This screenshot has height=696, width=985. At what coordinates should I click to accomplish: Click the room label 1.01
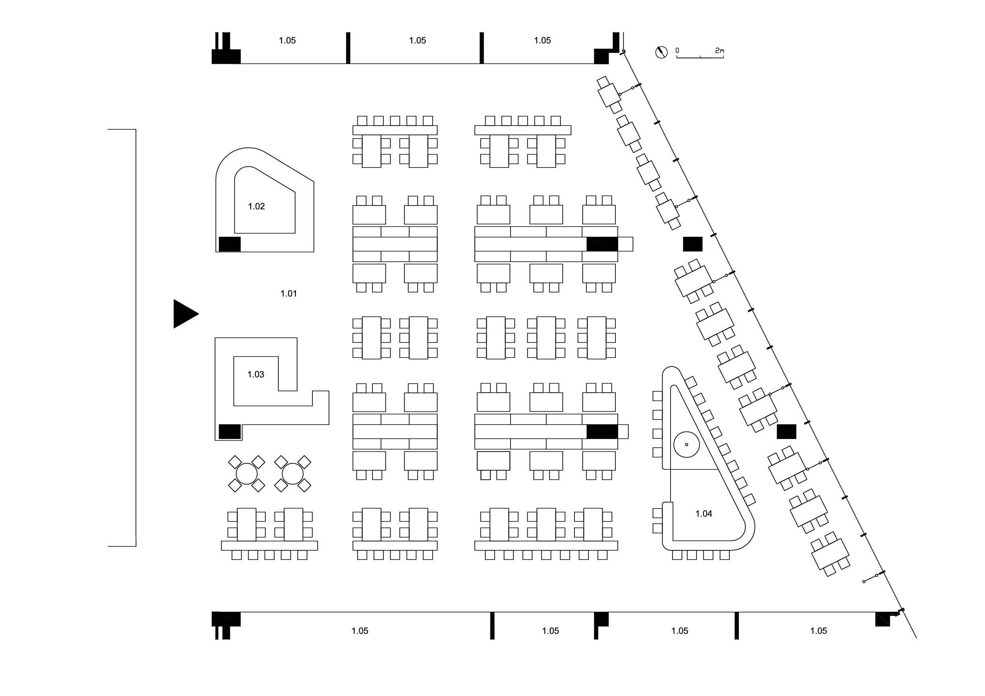[288, 294]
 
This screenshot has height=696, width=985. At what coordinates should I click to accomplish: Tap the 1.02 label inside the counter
[256, 206]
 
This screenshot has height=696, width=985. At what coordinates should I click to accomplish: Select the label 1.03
[256, 374]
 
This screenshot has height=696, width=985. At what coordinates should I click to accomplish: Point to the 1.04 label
[704, 513]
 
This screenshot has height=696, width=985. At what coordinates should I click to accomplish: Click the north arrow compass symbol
[661, 52]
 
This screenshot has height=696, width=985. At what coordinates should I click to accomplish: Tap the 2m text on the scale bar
[719, 51]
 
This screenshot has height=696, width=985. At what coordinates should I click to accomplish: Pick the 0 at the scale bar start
[677, 51]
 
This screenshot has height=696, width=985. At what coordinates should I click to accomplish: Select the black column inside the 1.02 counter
[229, 244]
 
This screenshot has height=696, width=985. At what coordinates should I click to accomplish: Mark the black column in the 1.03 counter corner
[229, 431]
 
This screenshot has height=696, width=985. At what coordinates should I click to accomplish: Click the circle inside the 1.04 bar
[686, 444]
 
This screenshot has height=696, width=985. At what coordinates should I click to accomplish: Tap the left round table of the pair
[247, 473]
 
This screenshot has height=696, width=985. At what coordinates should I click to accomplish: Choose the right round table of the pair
[293, 473]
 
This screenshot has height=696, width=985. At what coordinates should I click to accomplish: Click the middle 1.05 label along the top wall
[417, 40]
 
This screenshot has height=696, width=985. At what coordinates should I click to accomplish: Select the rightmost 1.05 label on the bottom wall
[818, 631]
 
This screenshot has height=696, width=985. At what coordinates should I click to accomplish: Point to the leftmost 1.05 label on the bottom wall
[360, 631]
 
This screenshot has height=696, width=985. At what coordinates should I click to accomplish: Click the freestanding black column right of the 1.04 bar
[786, 431]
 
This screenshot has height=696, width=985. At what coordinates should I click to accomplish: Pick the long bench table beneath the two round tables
[270, 546]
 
